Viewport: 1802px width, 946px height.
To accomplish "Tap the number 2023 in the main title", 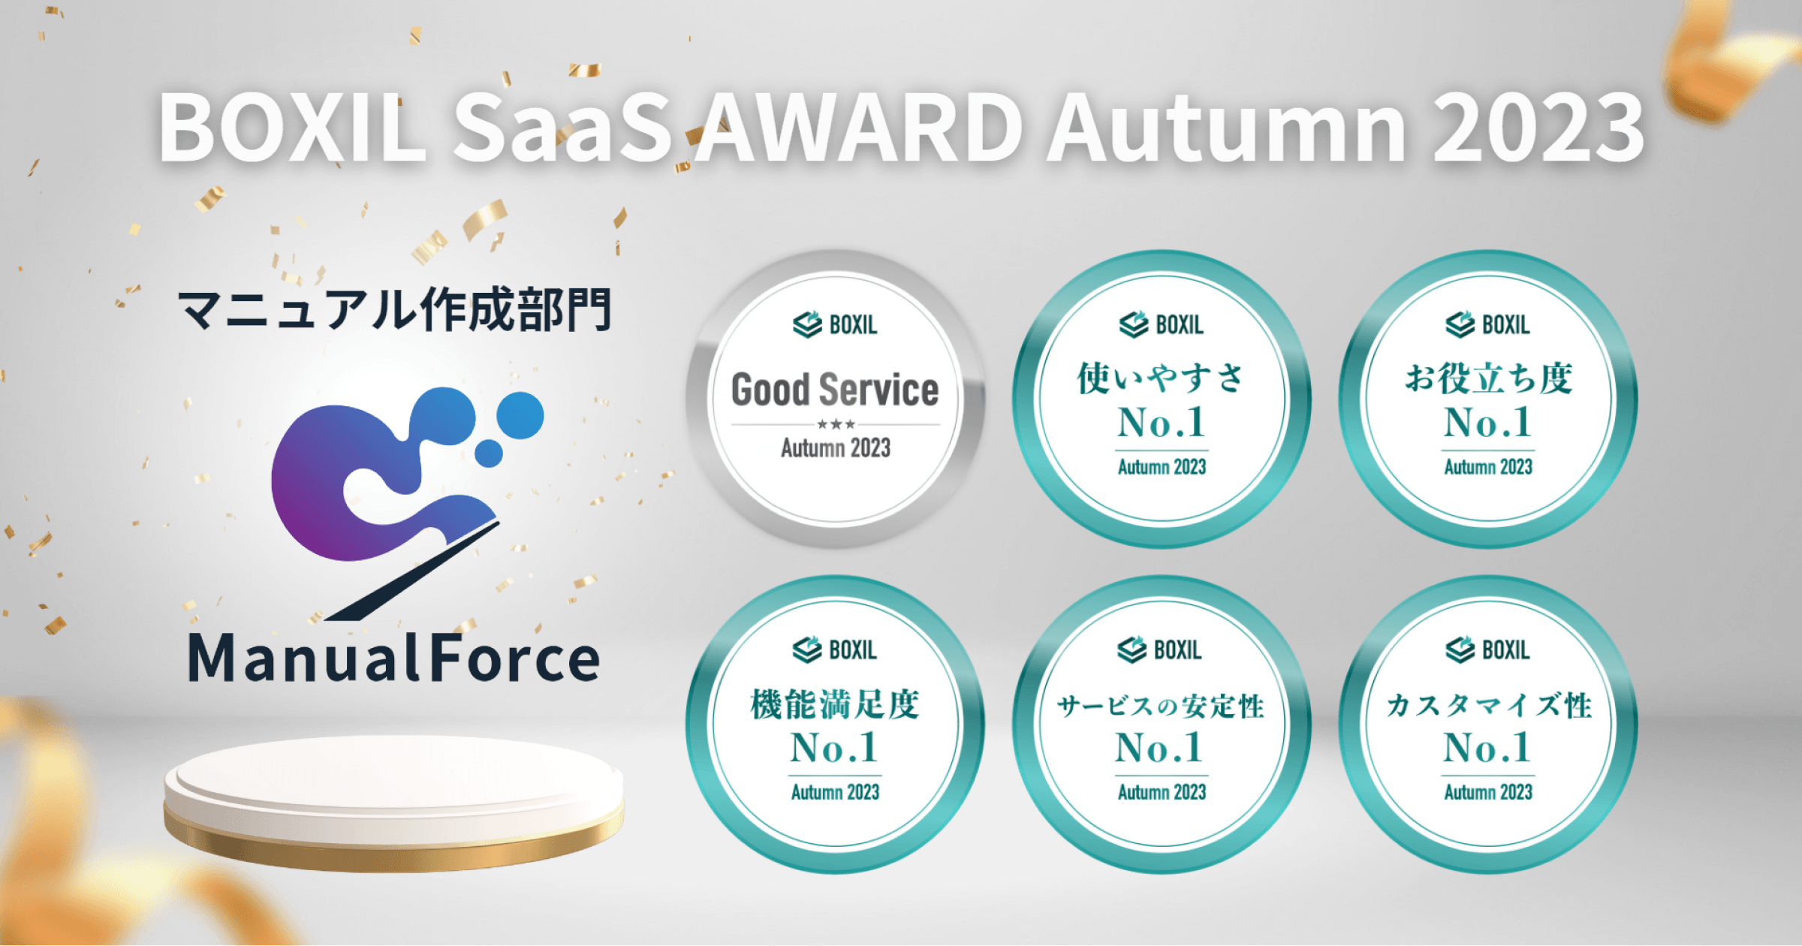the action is tap(1538, 128).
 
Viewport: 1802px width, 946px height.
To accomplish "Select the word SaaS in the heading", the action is tap(563, 128).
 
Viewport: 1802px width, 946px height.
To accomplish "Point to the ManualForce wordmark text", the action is tap(394, 658).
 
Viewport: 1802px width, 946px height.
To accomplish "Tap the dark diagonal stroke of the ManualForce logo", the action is tap(413, 571).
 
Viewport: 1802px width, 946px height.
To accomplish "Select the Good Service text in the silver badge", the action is tap(835, 390).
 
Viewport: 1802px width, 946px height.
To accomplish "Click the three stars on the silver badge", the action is tap(836, 424).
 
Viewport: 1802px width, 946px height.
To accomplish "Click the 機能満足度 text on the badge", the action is tap(835, 704).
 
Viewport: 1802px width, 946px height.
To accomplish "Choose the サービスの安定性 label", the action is tap(1161, 706).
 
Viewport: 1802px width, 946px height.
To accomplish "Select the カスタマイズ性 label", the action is tap(1488, 705).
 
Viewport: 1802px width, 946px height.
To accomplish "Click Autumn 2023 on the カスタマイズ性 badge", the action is tap(1488, 792).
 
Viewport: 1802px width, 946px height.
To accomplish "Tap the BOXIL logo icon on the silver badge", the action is tap(808, 324).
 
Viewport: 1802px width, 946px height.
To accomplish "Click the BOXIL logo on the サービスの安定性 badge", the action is tap(1159, 649).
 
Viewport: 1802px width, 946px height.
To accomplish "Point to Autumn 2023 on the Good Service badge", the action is tap(836, 448).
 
